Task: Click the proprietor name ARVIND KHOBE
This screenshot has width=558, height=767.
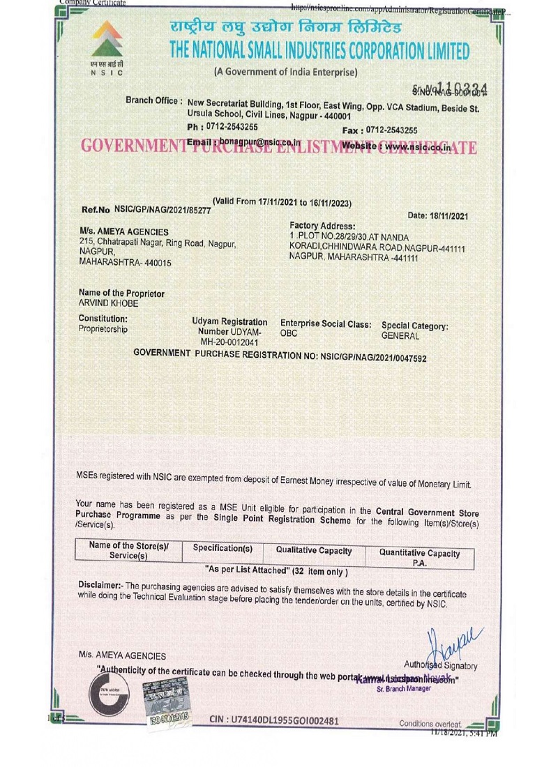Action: tap(109, 303)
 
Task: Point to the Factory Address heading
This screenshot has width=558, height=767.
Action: tap(322, 226)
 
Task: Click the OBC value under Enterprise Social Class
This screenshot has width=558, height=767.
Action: tap(289, 333)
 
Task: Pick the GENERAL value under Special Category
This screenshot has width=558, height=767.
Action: tap(400, 336)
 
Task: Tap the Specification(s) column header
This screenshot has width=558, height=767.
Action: tap(223, 548)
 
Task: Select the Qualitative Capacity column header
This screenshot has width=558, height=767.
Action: tap(314, 551)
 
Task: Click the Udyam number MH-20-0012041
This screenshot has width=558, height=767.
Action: tap(229, 342)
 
